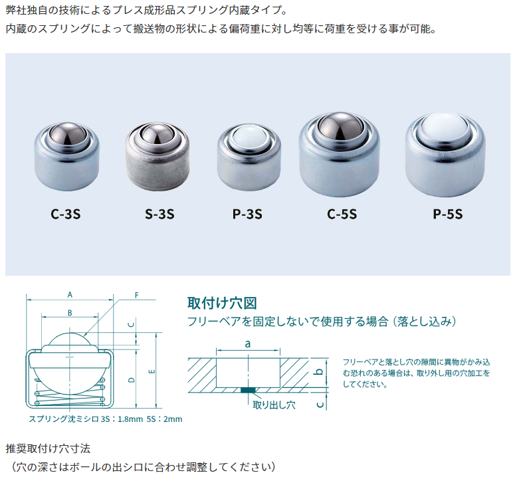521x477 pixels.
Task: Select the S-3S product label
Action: pyautogui.click(x=159, y=214)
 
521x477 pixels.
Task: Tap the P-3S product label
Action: pyautogui.click(x=247, y=214)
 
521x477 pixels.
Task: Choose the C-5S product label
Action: pyautogui.click(x=342, y=214)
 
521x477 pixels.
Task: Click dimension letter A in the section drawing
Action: pyautogui.click(x=70, y=293)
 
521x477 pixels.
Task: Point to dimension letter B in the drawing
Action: pyautogui.click(x=70, y=312)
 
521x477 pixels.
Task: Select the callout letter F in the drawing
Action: pyautogui.click(x=136, y=294)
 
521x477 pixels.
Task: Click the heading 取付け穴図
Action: pyautogui.click(x=222, y=304)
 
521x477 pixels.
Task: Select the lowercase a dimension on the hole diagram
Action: pyautogui.click(x=247, y=343)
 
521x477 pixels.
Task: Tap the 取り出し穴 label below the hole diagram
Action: pyautogui.click(x=274, y=405)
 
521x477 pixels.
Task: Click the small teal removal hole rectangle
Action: pyautogui.click(x=248, y=390)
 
